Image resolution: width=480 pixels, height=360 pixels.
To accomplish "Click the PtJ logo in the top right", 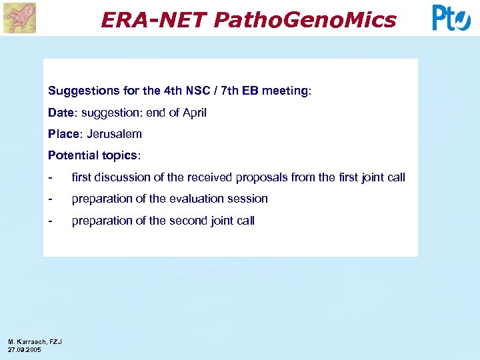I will coord(451,18).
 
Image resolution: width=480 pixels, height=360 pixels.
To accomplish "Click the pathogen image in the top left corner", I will coord(19,18).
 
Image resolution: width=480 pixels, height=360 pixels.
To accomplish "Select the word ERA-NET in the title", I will coord(154,20).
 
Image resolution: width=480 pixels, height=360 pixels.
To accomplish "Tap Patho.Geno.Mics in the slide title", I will coord(305,20).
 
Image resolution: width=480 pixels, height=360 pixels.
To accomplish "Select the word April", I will coord(193,113).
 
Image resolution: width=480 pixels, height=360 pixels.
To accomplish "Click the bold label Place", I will coord(63,134).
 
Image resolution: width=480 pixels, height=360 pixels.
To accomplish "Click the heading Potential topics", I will coord(94,155).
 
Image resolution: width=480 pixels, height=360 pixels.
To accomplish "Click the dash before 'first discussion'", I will coord(51,177).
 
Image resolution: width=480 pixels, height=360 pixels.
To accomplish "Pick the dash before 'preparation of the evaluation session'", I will coord(51,199).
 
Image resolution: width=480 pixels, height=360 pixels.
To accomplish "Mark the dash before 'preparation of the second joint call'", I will coord(51,221).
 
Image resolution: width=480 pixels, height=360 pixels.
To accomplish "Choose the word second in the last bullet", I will coord(182,221).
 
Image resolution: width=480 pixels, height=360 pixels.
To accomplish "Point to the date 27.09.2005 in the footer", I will coord(25,349).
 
